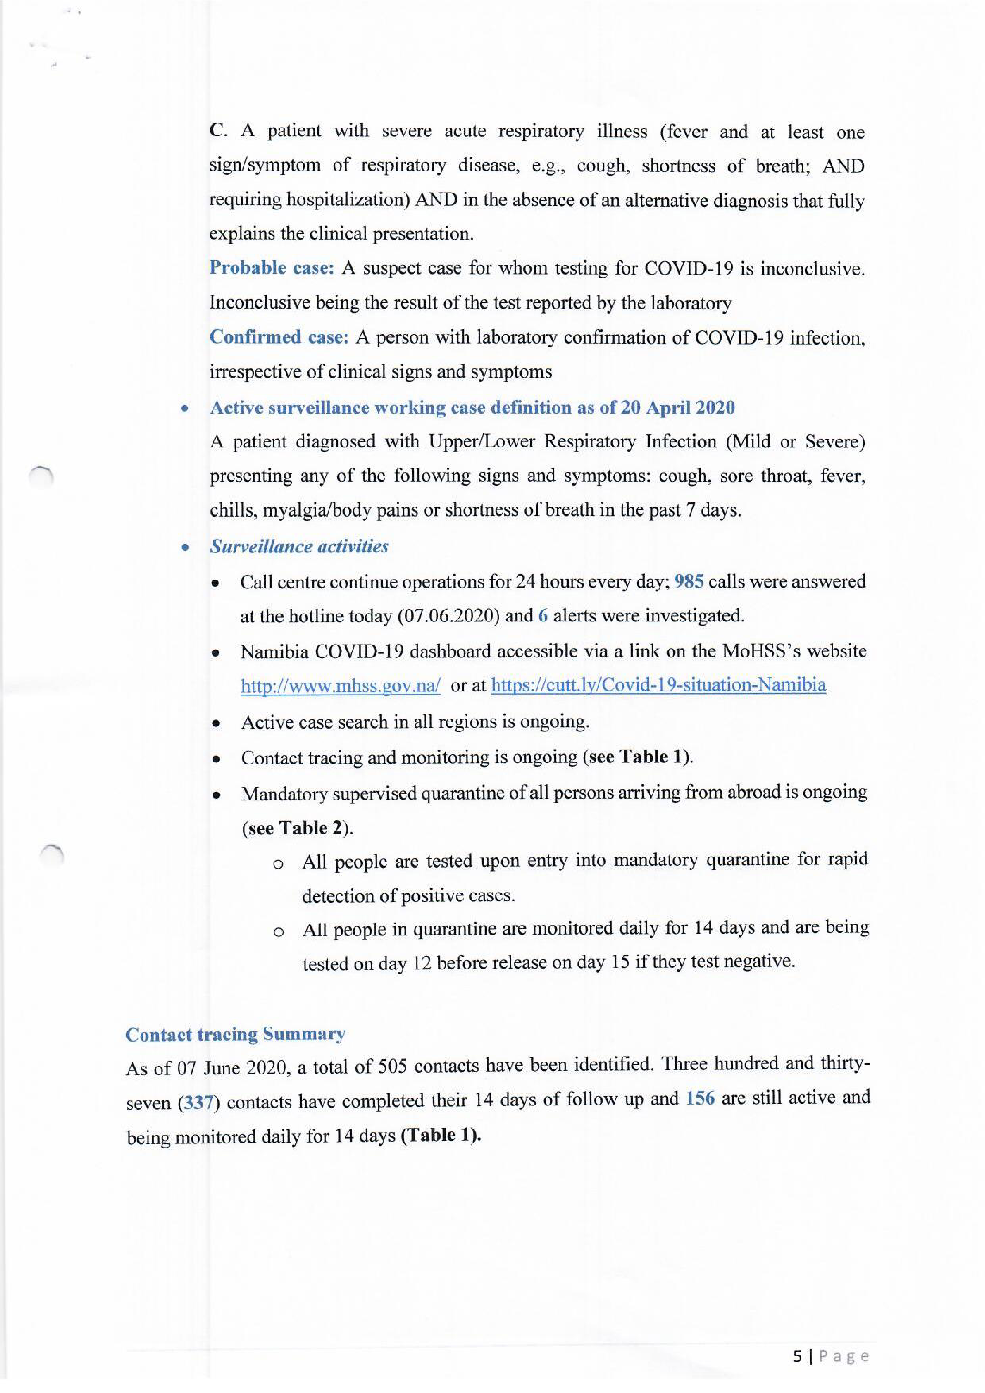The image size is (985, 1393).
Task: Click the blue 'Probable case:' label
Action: pos(271,267)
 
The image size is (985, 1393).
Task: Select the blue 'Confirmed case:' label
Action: pos(278,337)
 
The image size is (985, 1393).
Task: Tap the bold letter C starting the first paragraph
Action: pos(216,131)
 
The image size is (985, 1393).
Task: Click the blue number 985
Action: pos(689,581)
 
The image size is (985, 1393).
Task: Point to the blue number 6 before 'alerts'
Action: pos(543,616)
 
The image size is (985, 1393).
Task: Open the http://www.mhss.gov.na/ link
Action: pos(340,686)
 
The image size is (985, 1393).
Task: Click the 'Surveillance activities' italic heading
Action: pos(298,546)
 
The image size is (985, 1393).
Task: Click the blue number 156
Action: pos(700,1098)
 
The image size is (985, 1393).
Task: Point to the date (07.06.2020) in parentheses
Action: pos(447,616)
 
